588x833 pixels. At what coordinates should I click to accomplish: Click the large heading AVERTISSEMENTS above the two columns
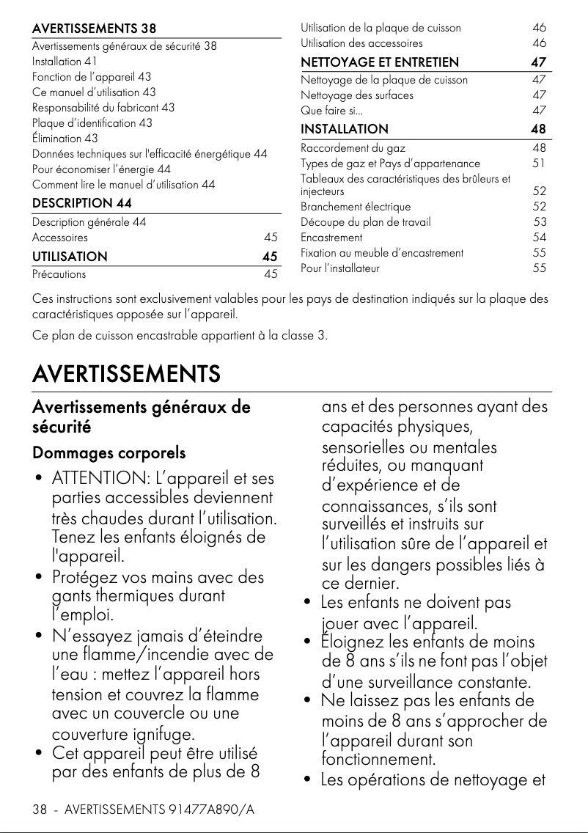[x=126, y=374]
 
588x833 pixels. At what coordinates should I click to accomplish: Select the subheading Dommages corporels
[x=109, y=453]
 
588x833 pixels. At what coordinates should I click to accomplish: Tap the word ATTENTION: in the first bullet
[x=96, y=480]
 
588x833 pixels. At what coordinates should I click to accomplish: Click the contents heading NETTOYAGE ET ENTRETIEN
[x=380, y=62]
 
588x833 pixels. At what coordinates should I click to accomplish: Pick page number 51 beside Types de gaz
[x=539, y=164]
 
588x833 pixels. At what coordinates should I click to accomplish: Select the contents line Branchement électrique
[x=356, y=207]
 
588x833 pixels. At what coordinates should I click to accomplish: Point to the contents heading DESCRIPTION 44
[x=82, y=202]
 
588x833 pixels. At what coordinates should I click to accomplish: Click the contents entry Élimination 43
[x=65, y=138]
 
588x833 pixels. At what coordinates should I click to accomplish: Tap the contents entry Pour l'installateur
[x=340, y=268]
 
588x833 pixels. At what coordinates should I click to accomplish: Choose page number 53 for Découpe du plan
[x=540, y=222]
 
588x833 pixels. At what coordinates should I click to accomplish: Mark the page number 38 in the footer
[x=40, y=810]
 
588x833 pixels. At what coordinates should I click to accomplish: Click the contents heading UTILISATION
[x=70, y=257]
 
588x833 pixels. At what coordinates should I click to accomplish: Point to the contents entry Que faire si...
[x=331, y=111]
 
